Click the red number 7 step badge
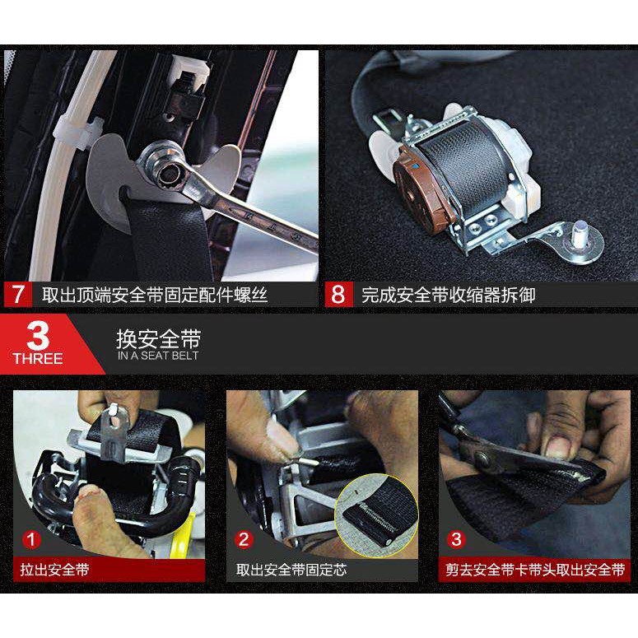pyautogui.click(x=18, y=295)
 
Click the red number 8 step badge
pyautogui.click(x=338, y=295)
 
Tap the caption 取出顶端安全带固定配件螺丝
pyautogui.click(x=154, y=295)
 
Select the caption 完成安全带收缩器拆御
pyautogui.click(x=449, y=295)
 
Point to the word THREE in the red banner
pyautogui.click(x=38, y=359)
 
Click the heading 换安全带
pyautogui.click(x=158, y=339)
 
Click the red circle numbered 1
pyautogui.click(x=31, y=540)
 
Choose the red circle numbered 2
pyautogui.click(x=244, y=540)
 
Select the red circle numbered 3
pyautogui.click(x=456, y=540)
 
